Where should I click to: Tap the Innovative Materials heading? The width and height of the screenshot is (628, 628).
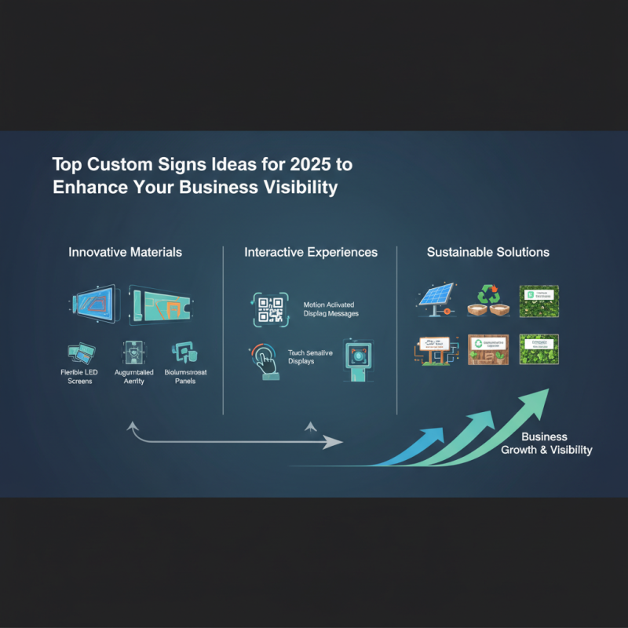click(126, 252)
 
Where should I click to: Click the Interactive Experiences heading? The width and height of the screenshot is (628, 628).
click(311, 252)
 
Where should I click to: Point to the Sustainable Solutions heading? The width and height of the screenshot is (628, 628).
click(488, 252)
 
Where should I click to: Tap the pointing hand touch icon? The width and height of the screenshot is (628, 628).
click(265, 361)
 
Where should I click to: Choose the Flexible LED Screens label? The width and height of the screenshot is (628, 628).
click(78, 376)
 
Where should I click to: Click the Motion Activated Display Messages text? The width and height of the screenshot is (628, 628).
click(330, 309)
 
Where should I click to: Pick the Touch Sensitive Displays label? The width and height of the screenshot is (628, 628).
click(310, 358)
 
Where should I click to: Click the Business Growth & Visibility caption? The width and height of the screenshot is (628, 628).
click(546, 444)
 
